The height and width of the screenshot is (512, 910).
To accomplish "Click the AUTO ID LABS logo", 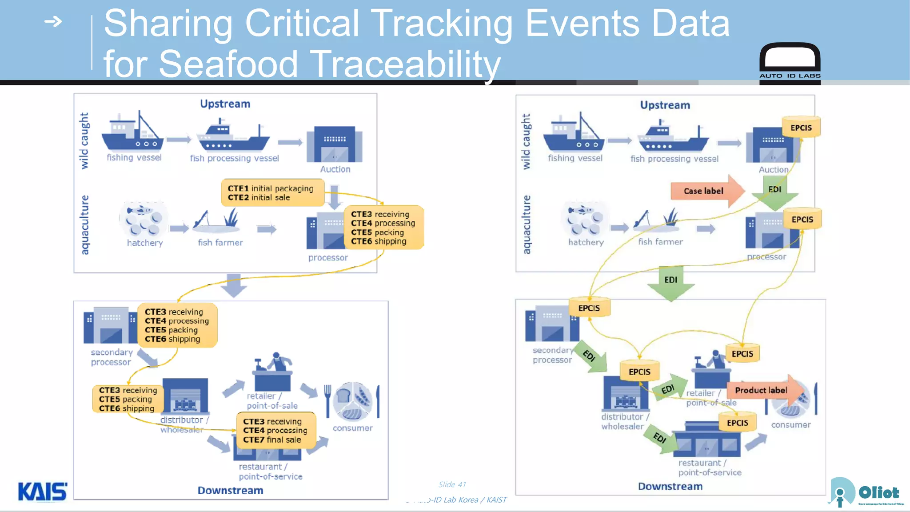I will pyautogui.click(x=790, y=62).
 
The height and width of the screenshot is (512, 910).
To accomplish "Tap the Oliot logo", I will pyautogui.click(x=866, y=492).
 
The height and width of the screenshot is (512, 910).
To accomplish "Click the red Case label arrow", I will pyautogui.click(x=706, y=191).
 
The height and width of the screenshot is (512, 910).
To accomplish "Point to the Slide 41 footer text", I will pyautogui.click(x=452, y=484).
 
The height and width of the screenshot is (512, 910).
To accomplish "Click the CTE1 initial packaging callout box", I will pyautogui.click(x=272, y=193).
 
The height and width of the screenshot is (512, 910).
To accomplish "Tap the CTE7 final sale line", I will pyautogui.click(x=272, y=440).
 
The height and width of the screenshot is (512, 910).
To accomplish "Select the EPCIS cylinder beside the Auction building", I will pyautogui.click(x=801, y=128).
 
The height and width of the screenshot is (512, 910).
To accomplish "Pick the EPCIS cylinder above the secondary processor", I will pyautogui.click(x=589, y=308).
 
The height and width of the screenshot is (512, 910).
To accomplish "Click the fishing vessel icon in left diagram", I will pyautogui.click(x=132, y=132).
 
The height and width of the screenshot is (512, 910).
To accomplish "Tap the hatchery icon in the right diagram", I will pyautogui.click(x=585, y=219).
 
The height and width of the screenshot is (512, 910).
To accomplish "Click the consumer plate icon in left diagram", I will pyautogui.click(x=353, y=401).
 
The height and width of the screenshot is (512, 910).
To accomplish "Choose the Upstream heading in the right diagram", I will pyautogui.click(x=665, y=105).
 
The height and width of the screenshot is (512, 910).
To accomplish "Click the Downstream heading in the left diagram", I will pyautogui.click(x=230, y=490).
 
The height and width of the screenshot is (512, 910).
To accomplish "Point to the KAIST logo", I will pyautogui.click(x=43, y=492).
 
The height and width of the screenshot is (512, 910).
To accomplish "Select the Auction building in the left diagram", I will pyautogui.click(x=334, y=144).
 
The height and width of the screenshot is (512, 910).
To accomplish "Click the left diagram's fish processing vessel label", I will pyautogui.click(x=234, y=158).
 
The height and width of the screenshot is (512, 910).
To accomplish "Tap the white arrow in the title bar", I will pyautogui.click(x=53, y=21).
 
